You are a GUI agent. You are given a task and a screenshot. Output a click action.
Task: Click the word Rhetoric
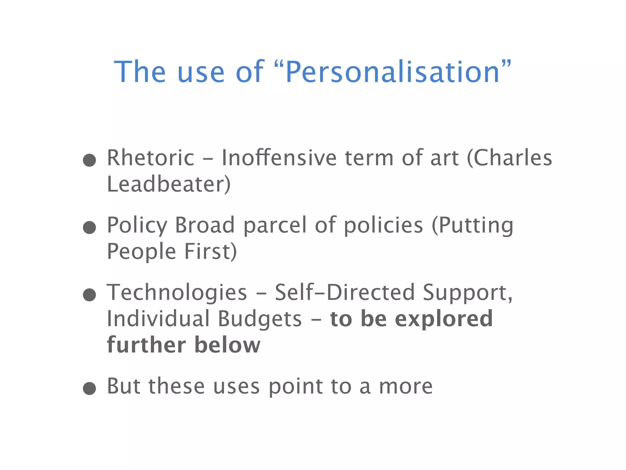pos(151,158)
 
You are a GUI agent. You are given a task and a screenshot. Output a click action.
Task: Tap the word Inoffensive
pos(279,158)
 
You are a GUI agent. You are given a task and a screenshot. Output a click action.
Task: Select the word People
pos(141,252)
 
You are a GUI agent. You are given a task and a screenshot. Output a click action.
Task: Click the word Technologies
pos(177,293)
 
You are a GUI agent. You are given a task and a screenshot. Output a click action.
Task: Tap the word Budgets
pos(260,319)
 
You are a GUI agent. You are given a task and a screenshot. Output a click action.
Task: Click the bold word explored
pos(444,319)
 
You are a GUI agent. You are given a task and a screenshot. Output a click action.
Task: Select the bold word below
pos(227,345)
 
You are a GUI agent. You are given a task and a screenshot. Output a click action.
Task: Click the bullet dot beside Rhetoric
pos(90,160)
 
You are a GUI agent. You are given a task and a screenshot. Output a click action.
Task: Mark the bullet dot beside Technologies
pos(90,295)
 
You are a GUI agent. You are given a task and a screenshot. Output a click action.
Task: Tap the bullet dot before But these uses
pos(90,388)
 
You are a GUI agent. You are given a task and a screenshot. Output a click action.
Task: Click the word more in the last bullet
pos(406,387)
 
